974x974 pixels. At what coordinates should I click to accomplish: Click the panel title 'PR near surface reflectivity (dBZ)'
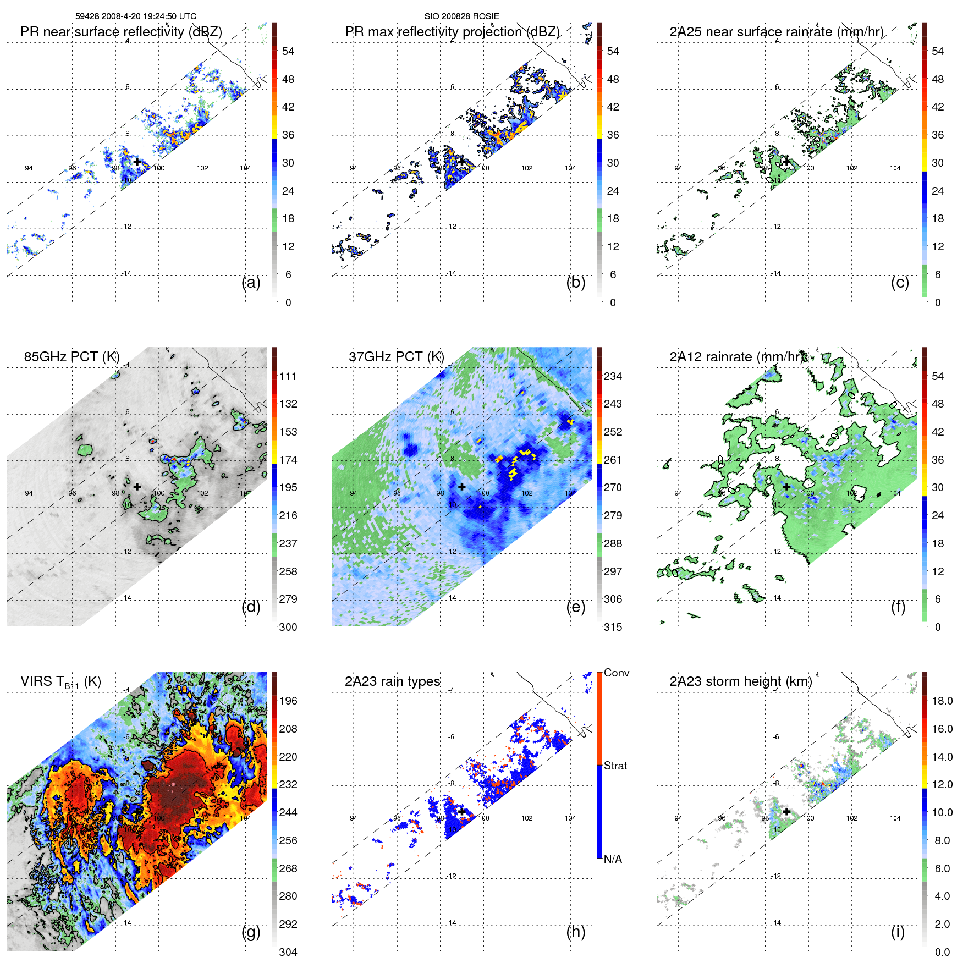[121, 32]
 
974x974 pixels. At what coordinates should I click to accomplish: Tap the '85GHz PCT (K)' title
[71, 357]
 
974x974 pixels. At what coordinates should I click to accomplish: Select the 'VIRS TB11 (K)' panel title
[60, 682]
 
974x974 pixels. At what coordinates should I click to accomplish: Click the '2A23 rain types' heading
[392, 681]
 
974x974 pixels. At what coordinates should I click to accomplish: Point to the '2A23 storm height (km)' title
[740, 681]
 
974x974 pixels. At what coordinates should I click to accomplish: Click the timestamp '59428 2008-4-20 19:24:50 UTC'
[136, 16]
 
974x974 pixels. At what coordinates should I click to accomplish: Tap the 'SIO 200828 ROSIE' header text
[461, 16]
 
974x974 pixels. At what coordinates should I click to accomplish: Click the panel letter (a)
[251, 283]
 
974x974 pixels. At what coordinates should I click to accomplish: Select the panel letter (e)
[575, 607]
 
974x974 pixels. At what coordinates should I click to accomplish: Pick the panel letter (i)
[898, 932]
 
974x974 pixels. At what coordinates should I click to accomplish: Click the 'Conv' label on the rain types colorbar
[616, 673]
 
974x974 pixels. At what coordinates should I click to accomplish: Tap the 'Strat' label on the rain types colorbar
[615, 766]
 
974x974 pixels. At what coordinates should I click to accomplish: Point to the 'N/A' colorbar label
[613, 859]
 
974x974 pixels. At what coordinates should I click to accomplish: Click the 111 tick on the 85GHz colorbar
[288, 377]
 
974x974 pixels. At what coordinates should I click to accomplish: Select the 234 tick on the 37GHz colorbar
[613, 377]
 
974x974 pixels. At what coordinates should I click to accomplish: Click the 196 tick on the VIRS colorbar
[288, 701]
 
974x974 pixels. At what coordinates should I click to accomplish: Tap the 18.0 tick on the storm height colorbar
[942, 701]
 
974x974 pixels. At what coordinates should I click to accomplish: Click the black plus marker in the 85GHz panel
[137, 487]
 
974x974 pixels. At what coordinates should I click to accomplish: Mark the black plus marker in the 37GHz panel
[462, 487]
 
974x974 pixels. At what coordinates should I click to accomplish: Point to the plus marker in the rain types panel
[462, 811]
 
